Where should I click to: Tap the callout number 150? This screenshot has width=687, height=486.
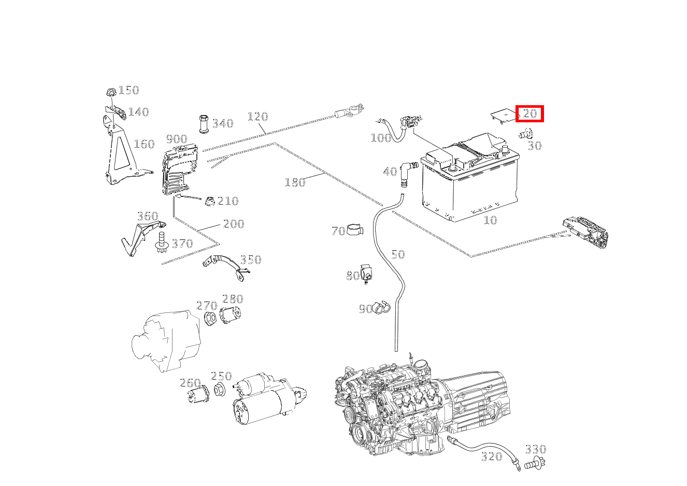[x=129, y=90]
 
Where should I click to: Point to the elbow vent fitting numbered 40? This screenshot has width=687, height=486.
[x=407, y=173]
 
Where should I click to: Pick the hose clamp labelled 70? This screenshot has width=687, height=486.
[x=355, y=230]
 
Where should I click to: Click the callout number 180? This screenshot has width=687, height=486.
[x=295, y=182]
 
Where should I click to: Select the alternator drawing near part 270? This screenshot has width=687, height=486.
[x=166, y=340]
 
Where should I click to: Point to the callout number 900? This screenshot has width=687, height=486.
[x=177, y=139]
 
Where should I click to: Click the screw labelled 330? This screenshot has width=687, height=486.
[x=534, y=463]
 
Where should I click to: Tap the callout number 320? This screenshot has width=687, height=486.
[x=492, y=457]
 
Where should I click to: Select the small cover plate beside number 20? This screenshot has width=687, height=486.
[x=505, y=116]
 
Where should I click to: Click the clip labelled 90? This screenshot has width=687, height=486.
[x=381, y=307]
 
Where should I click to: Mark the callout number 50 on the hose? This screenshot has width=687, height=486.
[x=398, y=254]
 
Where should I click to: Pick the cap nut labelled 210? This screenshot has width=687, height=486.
[x=210, y=201]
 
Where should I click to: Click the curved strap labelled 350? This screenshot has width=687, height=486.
[x=226, y=267]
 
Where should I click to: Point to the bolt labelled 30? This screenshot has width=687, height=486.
[x=526, y=134]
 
